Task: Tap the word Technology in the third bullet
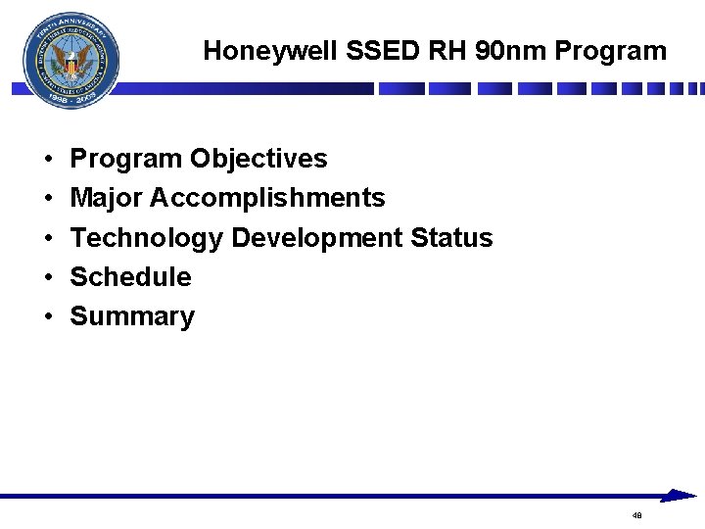pyautogui.click(x=147, y=238)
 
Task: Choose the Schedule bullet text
pyautogui.click(x=130, y=277)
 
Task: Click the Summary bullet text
pyautogui.click(x=132, y=316)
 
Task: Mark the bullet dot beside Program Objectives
pyautogui.click(x=47, y=160)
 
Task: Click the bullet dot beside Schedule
pyautogui.click(x=47, y=278)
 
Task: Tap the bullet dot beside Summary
pyautogui.click(x=47, y=317)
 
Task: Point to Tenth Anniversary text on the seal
pyautogui.click(x=69, y=26)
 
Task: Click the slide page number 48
pyautogui.click(x=637, y=514)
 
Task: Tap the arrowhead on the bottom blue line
pyautogui.click(x=678, y=496)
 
